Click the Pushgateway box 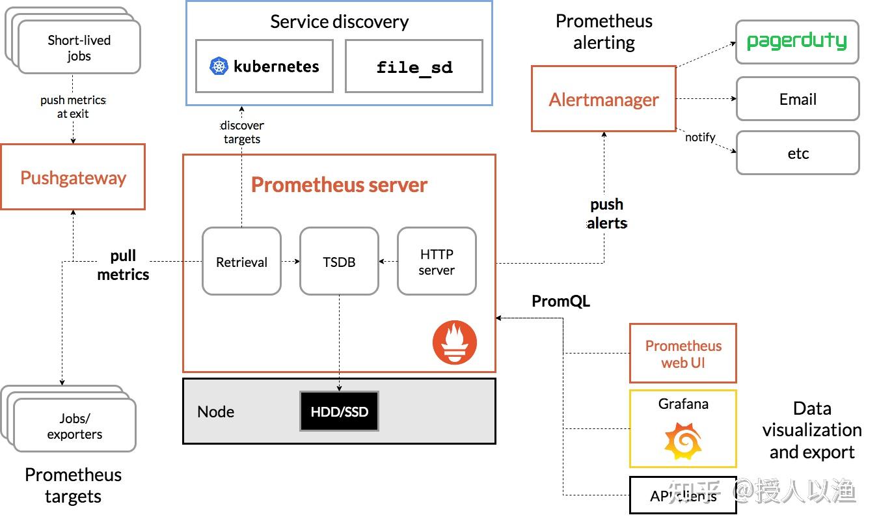[x=73, y=177]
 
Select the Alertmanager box [x=603, y=99]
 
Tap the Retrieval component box [x=241, y=261]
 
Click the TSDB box [x=339, y=261]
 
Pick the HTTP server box [x=437, y=261]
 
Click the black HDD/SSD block [x=339, y=411]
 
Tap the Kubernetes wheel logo [x=219, y=66]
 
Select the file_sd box [x=414, y=66]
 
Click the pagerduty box [x=797, y=42]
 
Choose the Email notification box [x=797, y=99]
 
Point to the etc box [x=797, y=154]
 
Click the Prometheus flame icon [x=455, y=342]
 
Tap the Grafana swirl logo [x=683, y=441]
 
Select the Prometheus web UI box [x=683, y=354]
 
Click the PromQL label [x=561, y=301]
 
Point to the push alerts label [x=606, y=214]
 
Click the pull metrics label [x=123, y=266]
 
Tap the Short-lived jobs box [x=79, y=48]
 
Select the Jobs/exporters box [x=75, y=426]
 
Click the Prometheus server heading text [x=339, y=185]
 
